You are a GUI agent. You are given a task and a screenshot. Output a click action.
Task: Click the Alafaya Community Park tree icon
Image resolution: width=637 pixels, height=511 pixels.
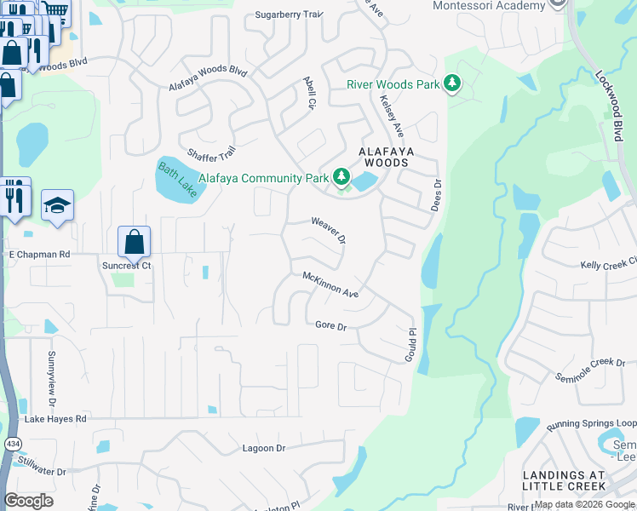point(341,177)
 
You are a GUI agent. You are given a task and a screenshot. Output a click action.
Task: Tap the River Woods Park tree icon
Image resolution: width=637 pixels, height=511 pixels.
point(453,83)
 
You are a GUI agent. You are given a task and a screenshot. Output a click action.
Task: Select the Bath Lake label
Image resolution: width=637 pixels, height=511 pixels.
point(176,181)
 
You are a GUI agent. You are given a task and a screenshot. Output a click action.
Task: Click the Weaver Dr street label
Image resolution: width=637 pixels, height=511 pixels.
point(328,230)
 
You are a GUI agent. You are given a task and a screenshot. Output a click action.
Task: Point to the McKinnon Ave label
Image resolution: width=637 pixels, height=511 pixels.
point(330,284)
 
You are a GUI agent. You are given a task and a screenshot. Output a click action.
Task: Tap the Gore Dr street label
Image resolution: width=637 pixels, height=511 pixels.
point(331,325)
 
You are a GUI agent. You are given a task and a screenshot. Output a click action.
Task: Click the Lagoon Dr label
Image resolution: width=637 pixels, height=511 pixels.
point(263,448)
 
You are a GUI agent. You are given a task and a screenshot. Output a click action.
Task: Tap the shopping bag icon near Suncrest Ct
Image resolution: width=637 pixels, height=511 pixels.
point(135,241)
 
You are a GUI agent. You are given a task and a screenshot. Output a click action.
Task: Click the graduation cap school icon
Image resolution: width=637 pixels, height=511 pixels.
point(57,205)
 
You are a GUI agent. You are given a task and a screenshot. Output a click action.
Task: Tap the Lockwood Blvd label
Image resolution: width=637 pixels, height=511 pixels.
point(611,100)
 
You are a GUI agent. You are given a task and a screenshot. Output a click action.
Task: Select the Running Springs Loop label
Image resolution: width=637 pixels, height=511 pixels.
point(591,423)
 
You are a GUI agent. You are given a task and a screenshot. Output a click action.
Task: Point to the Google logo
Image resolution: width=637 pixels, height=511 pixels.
point(29,501)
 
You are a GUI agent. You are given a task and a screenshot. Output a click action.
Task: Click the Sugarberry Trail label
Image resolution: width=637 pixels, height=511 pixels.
point(290,14)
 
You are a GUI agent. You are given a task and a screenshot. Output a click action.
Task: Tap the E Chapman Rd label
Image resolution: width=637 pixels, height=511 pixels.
point(38,254)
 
